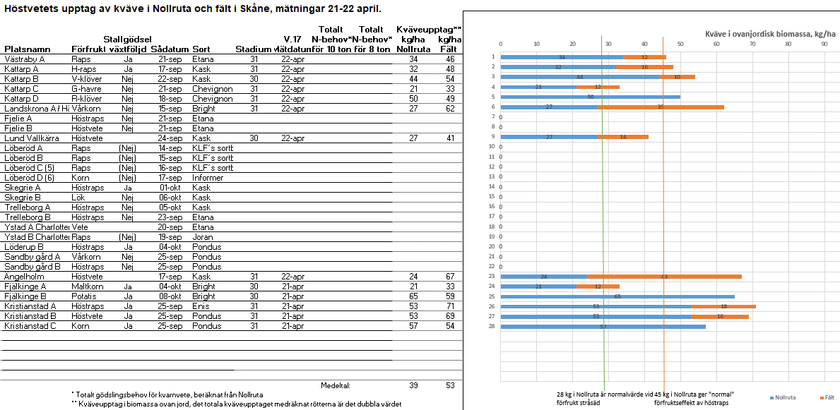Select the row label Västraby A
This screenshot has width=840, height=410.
[25, 59]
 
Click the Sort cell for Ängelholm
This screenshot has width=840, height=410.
[201, 277]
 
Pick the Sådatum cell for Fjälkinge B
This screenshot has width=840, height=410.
[170, 296]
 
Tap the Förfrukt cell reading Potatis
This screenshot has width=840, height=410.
[85, 296]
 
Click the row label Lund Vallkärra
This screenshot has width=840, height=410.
[33, 138]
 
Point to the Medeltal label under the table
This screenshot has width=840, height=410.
[336, 385]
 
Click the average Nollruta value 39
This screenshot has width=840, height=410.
[413, 385]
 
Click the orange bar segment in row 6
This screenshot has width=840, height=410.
[661, 107]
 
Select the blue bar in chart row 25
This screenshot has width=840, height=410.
[617, 296]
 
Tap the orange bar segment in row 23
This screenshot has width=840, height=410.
[664, 277]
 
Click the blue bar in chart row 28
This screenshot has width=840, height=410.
[603, 326]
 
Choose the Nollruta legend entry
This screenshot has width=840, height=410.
[780, 397]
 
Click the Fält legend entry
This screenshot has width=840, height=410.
[826, 397]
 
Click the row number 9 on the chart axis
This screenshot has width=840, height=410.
[493, 136]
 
